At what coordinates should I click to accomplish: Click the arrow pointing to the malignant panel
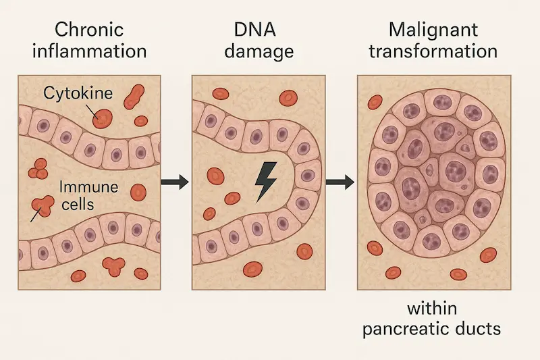click(340, 181)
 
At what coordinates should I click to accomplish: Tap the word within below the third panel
click(432, 309)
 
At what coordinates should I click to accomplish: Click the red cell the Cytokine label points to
click(103, 118)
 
